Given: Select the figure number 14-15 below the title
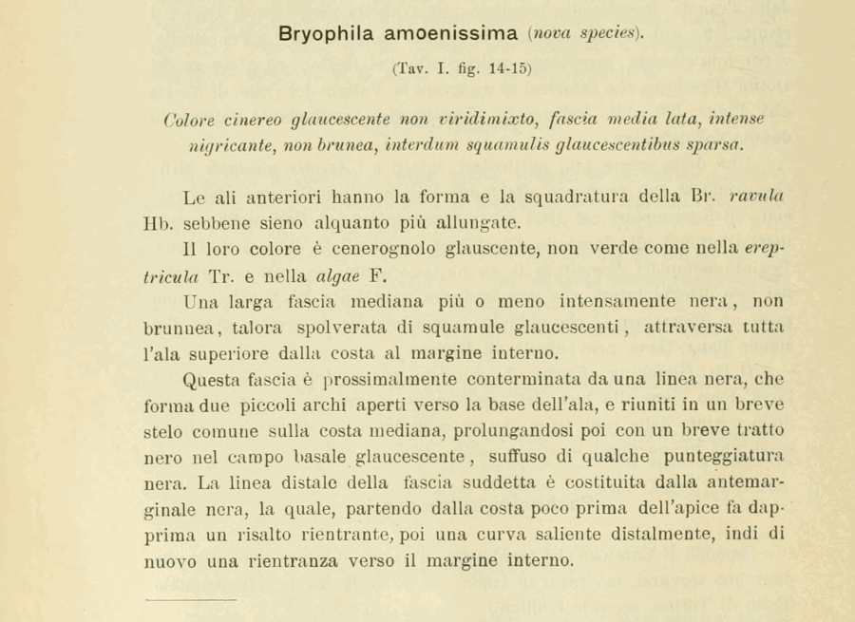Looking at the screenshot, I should point(506,68).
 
